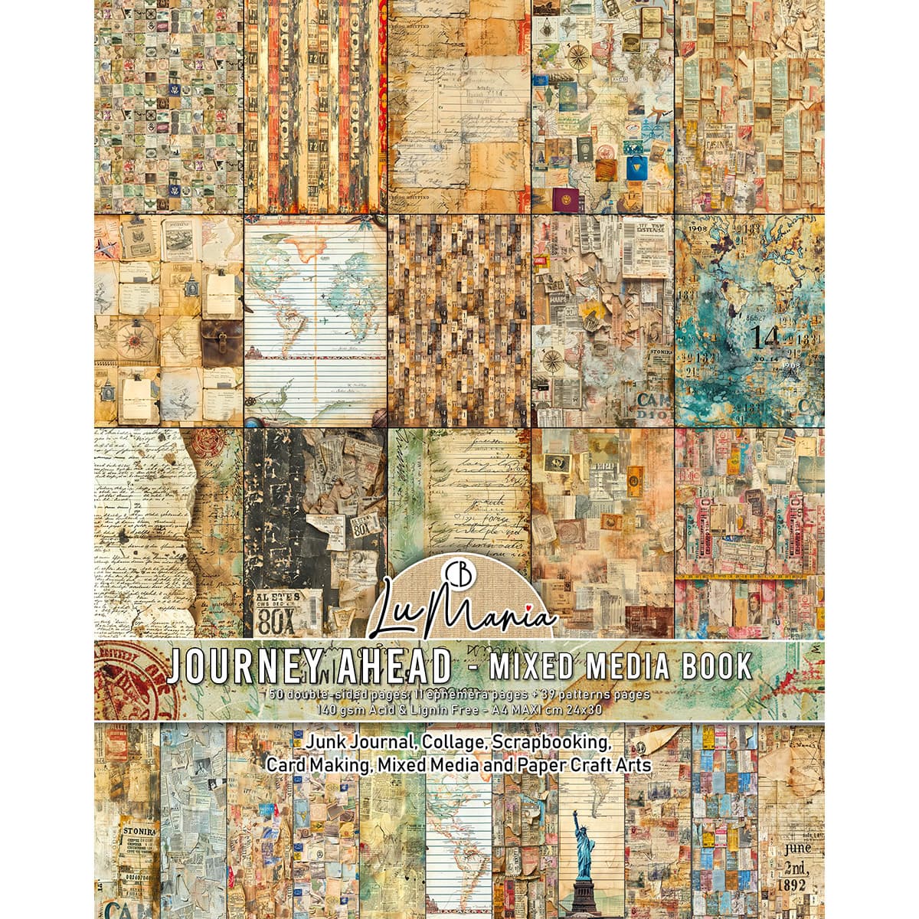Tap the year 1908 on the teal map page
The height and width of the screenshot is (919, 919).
pyautogui.click(x=696, y=228)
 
